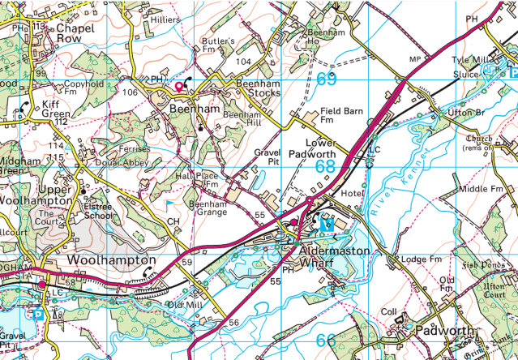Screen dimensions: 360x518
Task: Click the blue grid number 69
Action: click(x=326, y=79)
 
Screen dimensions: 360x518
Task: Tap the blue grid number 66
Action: click(x=325, y=340)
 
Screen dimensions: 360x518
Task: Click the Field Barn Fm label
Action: click(x=338, y=114)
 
